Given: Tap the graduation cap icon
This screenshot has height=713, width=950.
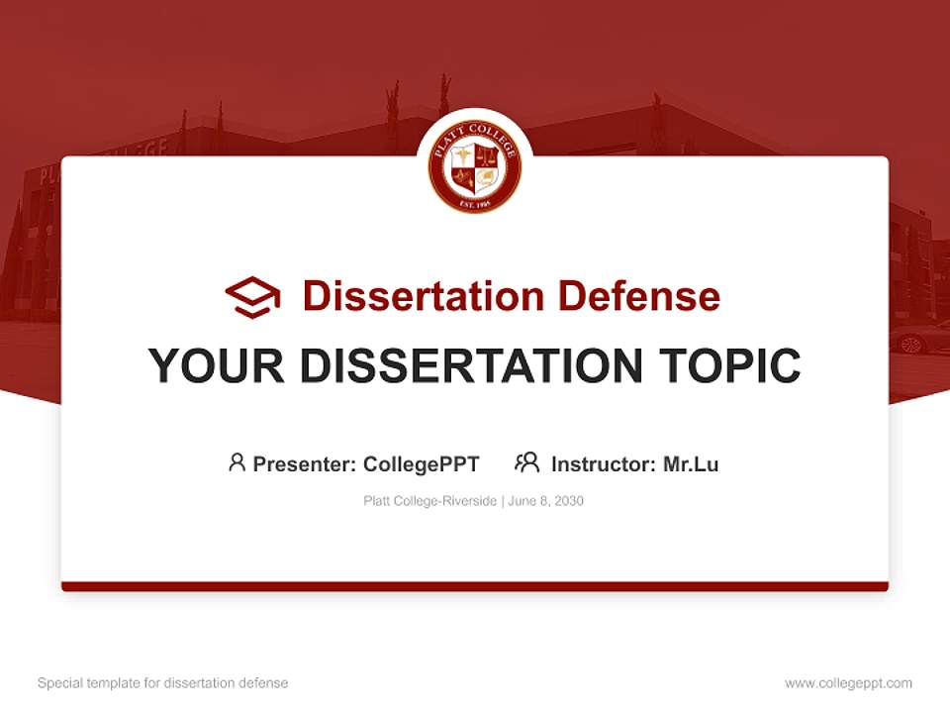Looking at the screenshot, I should (252, 296).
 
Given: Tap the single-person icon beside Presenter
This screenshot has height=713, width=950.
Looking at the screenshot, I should (237, 462).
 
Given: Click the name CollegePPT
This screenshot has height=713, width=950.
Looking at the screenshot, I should (422, 463).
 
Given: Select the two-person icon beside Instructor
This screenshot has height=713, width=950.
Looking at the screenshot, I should (526, 462).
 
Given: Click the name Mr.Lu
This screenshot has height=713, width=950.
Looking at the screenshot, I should (691, 463).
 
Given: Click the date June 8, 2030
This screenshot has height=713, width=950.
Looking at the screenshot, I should (547, 501).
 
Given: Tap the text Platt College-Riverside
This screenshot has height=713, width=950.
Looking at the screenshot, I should (430, 501).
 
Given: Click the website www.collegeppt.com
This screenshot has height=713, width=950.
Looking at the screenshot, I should (848, 683).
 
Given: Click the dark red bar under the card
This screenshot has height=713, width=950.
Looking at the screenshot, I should (475, 586).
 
